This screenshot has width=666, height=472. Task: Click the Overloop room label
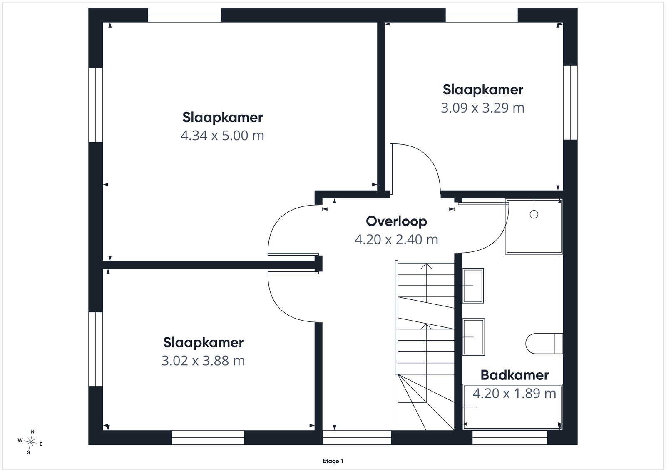pos(396,221)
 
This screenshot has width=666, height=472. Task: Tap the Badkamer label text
pos(514,375)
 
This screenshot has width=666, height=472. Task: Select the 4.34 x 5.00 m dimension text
pos(222,136)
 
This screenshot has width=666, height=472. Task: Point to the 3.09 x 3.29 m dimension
pos(482,108)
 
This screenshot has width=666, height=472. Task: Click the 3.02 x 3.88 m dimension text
pos(203,361)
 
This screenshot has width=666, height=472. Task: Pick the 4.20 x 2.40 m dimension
pos(396,239)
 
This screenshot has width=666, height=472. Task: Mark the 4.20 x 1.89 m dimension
pos(514,393)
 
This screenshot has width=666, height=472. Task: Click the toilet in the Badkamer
pos(544,344)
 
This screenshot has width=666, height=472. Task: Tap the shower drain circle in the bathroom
pos(534,214)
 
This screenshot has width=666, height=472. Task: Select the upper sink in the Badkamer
pos(473,286)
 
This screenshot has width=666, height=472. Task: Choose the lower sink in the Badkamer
pos(473,337)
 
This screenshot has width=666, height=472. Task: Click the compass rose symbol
pos(30,442)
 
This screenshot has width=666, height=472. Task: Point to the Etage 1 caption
pos(333,461)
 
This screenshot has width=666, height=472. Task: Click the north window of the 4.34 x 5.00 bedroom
pos(185,15)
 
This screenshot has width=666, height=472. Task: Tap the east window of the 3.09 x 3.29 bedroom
pos(570,103)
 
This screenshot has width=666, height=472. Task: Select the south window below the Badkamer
pos(509,437)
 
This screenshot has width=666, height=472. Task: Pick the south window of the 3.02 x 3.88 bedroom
pos(208,437)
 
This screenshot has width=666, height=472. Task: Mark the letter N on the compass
pos(33,432)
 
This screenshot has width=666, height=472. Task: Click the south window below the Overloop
pos(357,437)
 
